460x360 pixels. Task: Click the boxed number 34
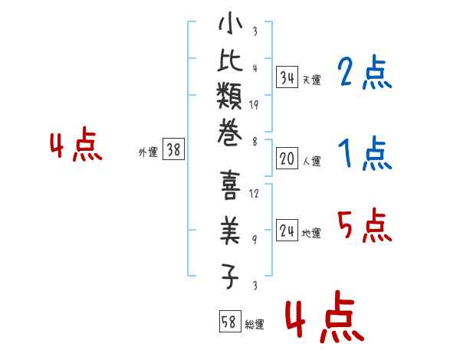tap(287, 77)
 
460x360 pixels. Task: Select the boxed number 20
tap(287, 159)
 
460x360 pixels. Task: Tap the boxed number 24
tap(287, 231)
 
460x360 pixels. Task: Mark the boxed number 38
tap(173, 150)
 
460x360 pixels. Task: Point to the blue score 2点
tap(364, 74)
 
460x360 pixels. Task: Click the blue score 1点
tap(364, 155)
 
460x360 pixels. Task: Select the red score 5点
tap(364, 227)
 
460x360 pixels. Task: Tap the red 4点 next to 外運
tap(75, 146)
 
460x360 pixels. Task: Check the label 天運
tap(312, 80)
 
